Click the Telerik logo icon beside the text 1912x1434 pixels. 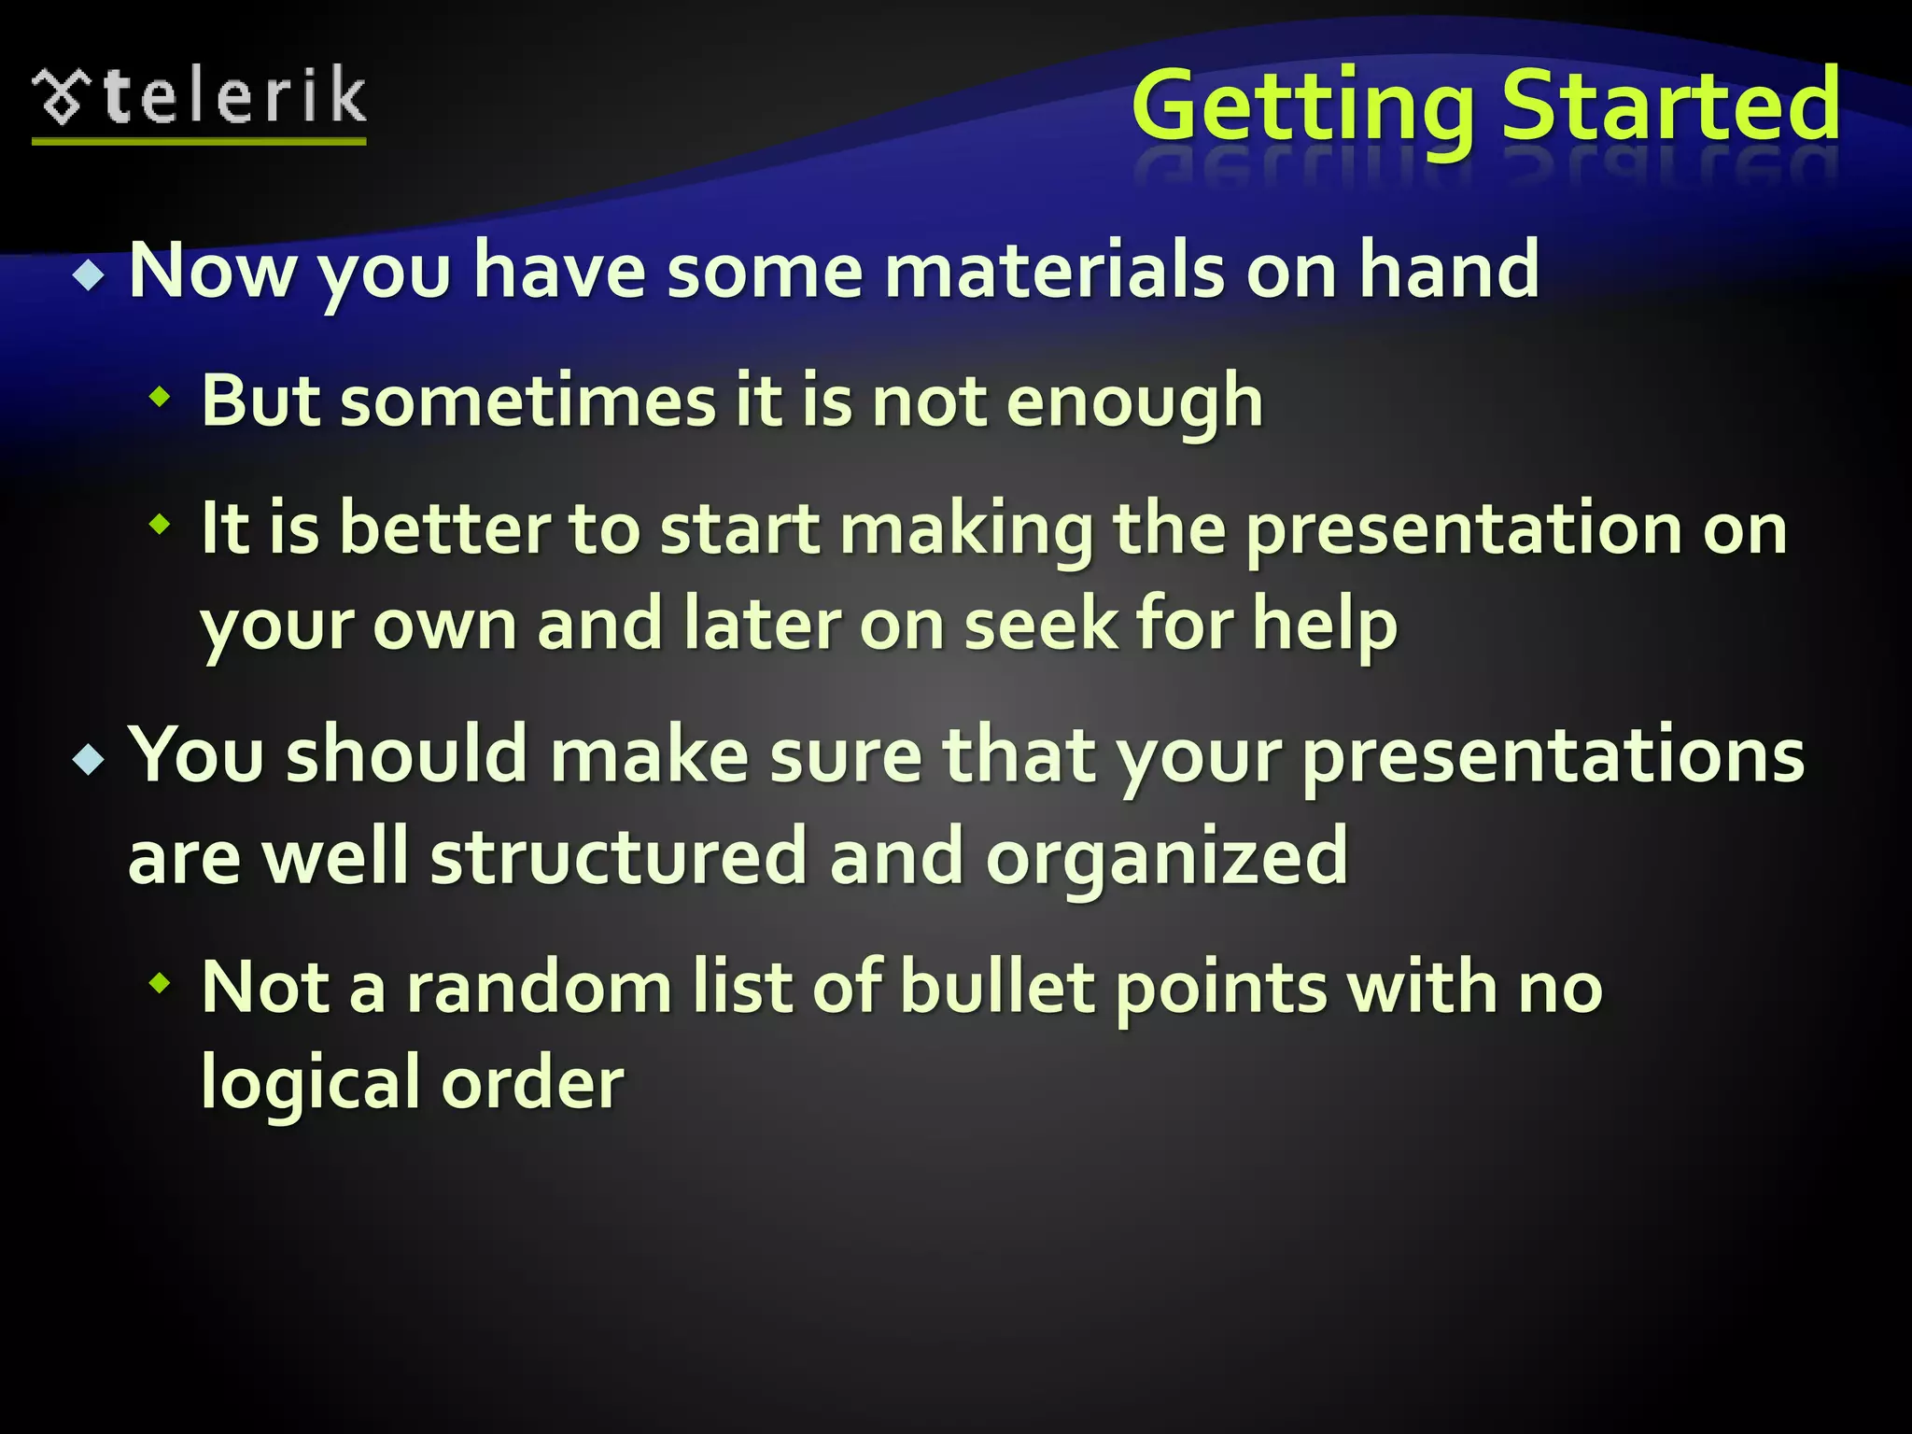[x=62, y=97]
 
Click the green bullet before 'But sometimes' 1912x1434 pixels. [x=161, y=399]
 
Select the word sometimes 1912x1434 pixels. [x=527, y=401]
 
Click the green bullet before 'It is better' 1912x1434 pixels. [x=161, y=525]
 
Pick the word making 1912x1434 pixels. [x=965, y=530]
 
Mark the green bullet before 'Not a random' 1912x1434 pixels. [x=161, y=982]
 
